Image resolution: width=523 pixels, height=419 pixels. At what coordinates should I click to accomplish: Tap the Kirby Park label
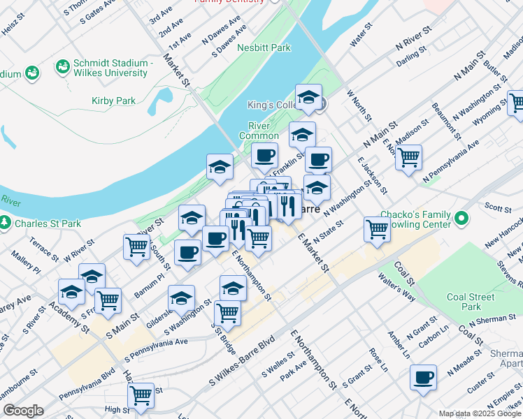(113, 101)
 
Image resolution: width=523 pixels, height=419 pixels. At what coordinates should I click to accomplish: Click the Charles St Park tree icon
(5, 223)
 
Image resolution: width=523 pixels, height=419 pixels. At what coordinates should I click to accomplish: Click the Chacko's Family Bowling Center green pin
(461, 219)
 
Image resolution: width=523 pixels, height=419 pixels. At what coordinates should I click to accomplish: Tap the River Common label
(259, 131)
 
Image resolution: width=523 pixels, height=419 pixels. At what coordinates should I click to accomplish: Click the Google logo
(22, 411)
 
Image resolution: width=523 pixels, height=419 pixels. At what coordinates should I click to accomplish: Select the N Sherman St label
(492, 321)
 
